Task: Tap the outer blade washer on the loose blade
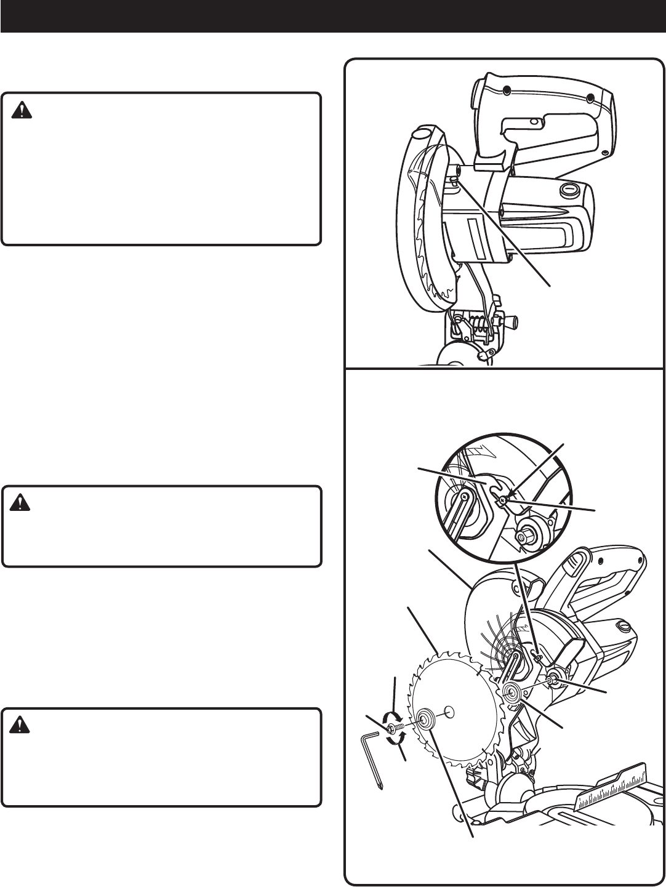point(423,718)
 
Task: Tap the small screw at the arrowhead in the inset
point(503,502)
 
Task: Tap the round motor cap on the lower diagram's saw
point(621,628)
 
